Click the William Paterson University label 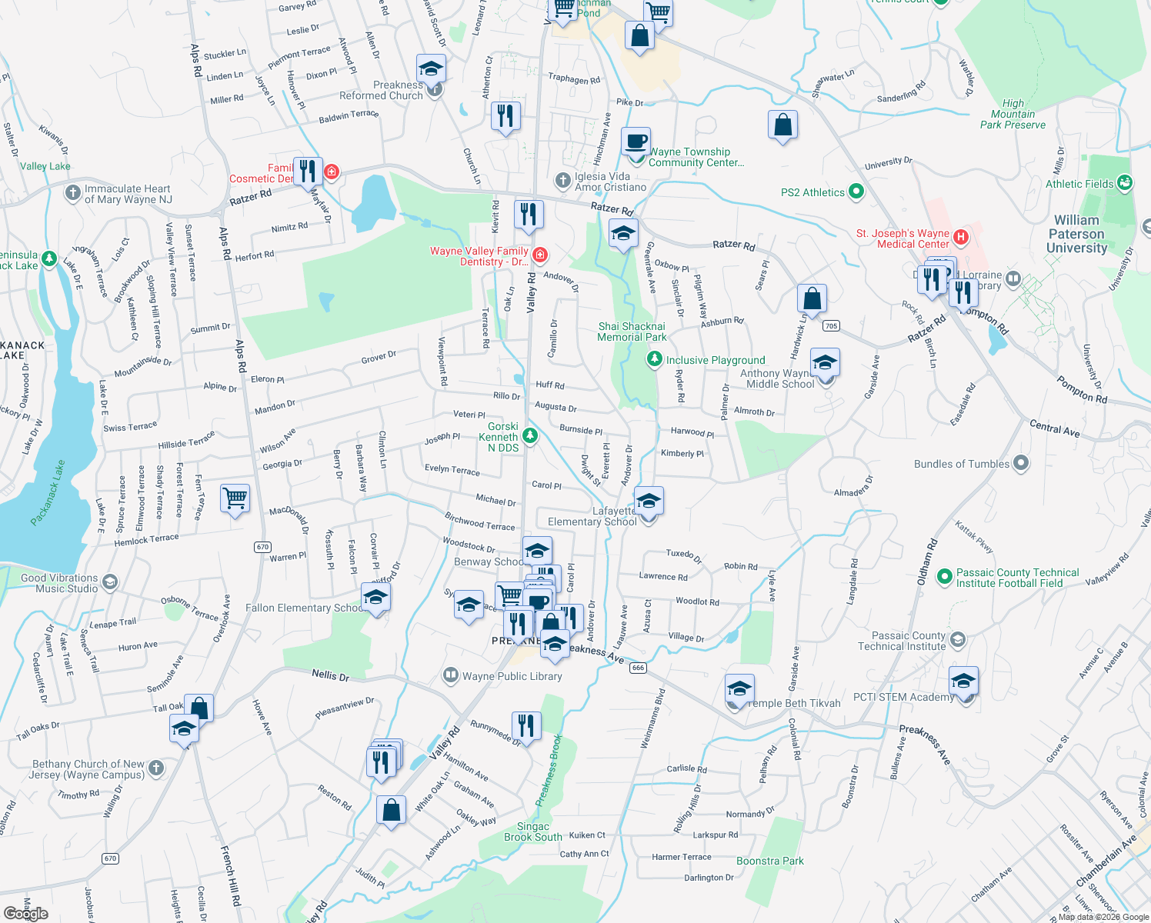pos(1076,234)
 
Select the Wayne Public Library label pos(512,676)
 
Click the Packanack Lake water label pos(48,493)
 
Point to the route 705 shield pos(830,326)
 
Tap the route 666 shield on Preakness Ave pos(638,668)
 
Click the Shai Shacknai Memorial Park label pos(632,332)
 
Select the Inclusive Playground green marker pos(654,359)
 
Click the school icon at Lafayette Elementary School pos(649,501)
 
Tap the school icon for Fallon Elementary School pos(375,598)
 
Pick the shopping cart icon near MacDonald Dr pos(235,498)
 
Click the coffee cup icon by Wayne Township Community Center pos(636,142)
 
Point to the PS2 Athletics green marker pos(856,192)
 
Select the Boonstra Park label pos(769,861)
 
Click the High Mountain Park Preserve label pos(1013,114)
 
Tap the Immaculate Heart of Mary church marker pos(73,192)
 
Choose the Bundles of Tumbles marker pos(1021,463)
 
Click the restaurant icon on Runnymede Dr pos(526,725)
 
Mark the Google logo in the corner pos(26,914)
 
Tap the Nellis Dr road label pos(330,675)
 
